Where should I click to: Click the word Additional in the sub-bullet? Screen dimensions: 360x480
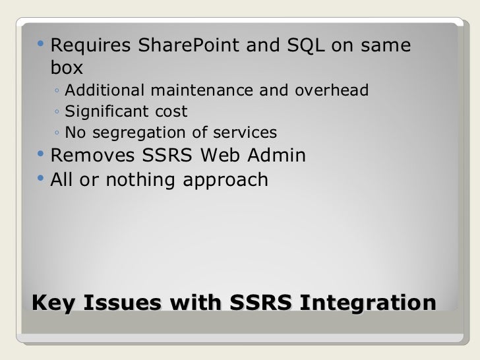click(x=104, y=90)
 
